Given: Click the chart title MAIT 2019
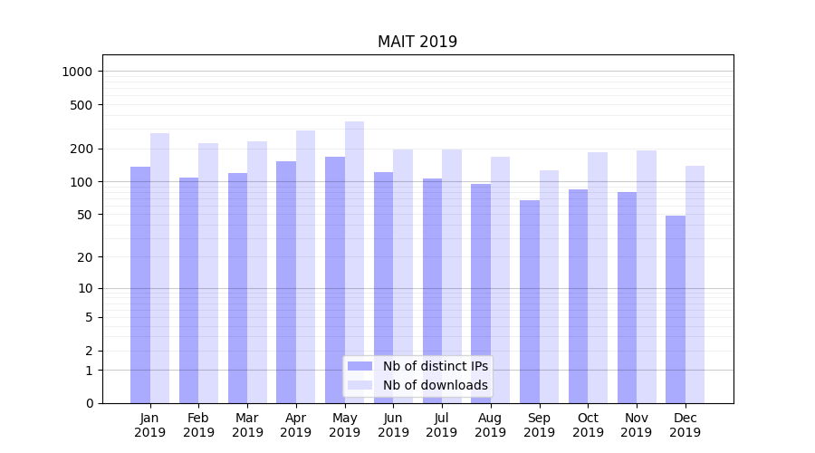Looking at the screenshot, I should [417, 43].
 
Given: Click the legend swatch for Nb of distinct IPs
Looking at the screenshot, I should [360, 366].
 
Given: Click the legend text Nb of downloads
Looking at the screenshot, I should [436, 385].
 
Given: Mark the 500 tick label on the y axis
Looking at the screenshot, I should [81, 105].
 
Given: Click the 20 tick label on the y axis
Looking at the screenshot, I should [85, 257].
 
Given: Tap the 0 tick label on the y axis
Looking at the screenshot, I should [89, 403].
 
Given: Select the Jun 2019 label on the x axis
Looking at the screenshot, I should [393, 425].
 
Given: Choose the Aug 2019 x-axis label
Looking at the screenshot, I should [491, 425].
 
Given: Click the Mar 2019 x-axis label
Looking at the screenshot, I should [247, 425].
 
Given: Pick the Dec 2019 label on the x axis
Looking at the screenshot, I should [685, 425].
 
